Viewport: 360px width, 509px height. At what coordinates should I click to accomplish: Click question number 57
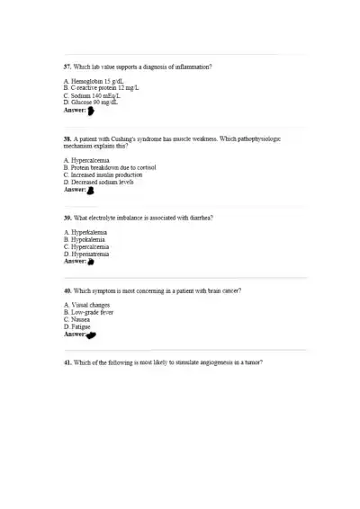click(x=67, y=67)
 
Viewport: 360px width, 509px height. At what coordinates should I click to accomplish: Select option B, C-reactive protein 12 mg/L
click(x=101, y=88)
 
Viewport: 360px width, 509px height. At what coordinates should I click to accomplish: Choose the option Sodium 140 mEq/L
click(x=95, y=95)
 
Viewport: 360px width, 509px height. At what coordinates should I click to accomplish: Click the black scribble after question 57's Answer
click(x=91, y=111)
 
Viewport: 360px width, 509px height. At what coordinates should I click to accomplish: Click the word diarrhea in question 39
click(x=202, y=218)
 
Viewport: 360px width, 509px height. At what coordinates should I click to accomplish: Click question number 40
click(x=67, y=291)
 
